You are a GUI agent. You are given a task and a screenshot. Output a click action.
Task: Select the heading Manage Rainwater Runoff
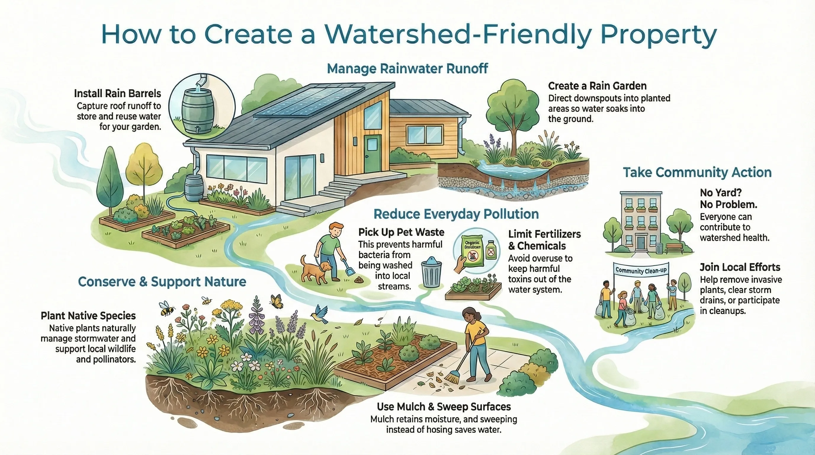pyautogui.click(x=407, y=69)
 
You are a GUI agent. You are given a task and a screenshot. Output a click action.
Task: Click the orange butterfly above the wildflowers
pyautogui.click(x=277, y=301)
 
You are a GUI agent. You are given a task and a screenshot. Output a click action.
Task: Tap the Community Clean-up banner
pyautogui.click(x=641, y=270)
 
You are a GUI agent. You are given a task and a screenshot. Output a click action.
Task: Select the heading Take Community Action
pyautogui.click(x=697, y=172)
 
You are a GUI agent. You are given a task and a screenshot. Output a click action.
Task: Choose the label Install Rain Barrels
pyautogui.click(x=117, y=94)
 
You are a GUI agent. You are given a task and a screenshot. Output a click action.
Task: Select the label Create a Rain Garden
pyautogui.click(x=597, y=86)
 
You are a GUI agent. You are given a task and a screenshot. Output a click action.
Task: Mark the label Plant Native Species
pyautogui.click(x=88, y=316)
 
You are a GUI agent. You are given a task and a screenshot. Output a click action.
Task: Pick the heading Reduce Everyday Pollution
pyautogui.click(x=456, y=214)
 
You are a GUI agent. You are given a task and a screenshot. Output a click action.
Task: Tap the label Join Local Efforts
pyautogui.click(x=740, y=267)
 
